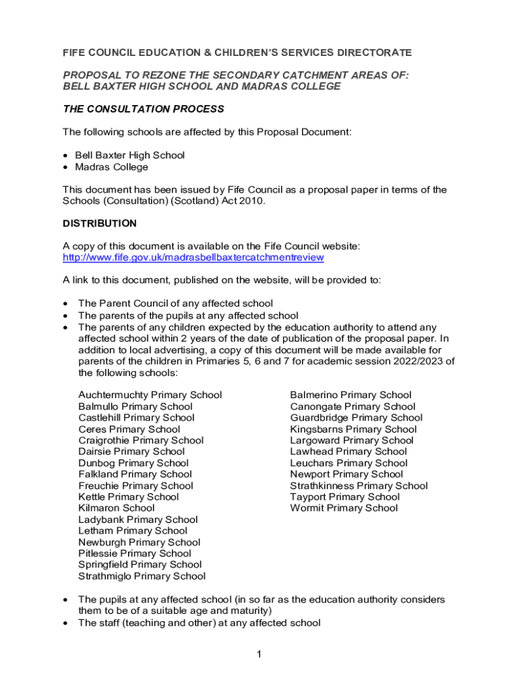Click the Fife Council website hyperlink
tap(193, 257)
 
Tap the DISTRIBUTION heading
tap(100, 223)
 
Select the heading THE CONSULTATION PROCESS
tap(144, 109)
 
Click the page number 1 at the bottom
tap(258, 654)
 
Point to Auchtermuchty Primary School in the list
tap(150, 395)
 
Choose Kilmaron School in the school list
tap(116, 508)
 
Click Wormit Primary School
tap(344, 508)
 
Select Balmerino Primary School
tap(350, 395)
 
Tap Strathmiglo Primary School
tap(142, 576)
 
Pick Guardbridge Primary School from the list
tap(356, 418)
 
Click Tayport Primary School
tap(344, 497)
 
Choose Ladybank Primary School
tap(138, 520)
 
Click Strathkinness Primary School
tap(359, 486)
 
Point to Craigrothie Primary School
tap(140, 440)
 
